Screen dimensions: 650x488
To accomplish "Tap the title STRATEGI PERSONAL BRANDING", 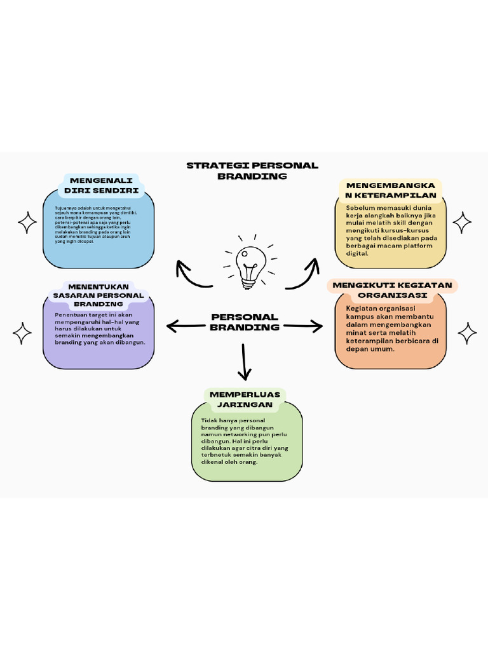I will pyautogui.click(x=252, y=171).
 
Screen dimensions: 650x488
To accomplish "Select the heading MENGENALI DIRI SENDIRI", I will pyautogui.click(x=102, y=185).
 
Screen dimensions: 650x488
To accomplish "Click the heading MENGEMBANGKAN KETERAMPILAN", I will pyautogui.click(x=391, y=189).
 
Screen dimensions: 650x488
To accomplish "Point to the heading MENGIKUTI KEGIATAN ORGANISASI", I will pyautogui.click(x=392, y=290).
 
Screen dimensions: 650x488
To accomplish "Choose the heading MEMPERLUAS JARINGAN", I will pyautogui.click(x=245, y=399).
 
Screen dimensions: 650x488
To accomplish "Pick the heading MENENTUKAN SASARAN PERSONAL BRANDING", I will pyautogui.click(x=98, y=295).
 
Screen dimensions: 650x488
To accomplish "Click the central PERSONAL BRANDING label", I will pyautogui.click(x=245, y=322).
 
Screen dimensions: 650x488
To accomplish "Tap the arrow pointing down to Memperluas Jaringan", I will pyautogui.click(x=243, y=361).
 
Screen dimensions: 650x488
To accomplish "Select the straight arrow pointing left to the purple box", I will pyautogui.click(x=187, y=326).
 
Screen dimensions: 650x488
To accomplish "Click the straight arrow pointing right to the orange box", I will pyautogui.click(x=302, y=326).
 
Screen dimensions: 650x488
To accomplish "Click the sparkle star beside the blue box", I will pyautogui.click(x=27, y=223).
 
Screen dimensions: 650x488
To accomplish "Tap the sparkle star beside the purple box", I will pyautogui.click(x=22, y=333).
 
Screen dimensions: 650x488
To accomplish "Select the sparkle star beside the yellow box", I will pyautogui.click(x=462, y=222).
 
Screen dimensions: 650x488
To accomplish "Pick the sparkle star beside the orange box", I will pyautogui.click(x=468, y=333).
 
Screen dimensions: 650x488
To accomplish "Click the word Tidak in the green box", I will pyautogui.click(x=209, y=420).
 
